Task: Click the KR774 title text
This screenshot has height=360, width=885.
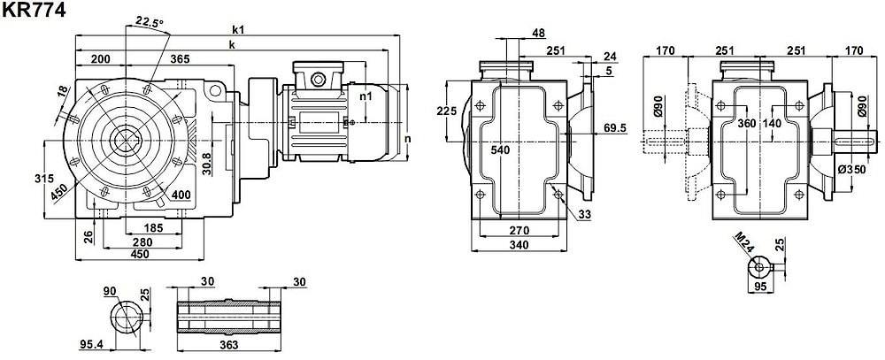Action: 33,10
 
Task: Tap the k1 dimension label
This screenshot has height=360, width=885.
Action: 238,29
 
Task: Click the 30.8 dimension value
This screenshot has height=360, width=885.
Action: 205,164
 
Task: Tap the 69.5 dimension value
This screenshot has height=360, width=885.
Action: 615,128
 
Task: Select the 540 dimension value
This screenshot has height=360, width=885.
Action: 500,150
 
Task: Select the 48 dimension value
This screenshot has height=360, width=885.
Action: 537,34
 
